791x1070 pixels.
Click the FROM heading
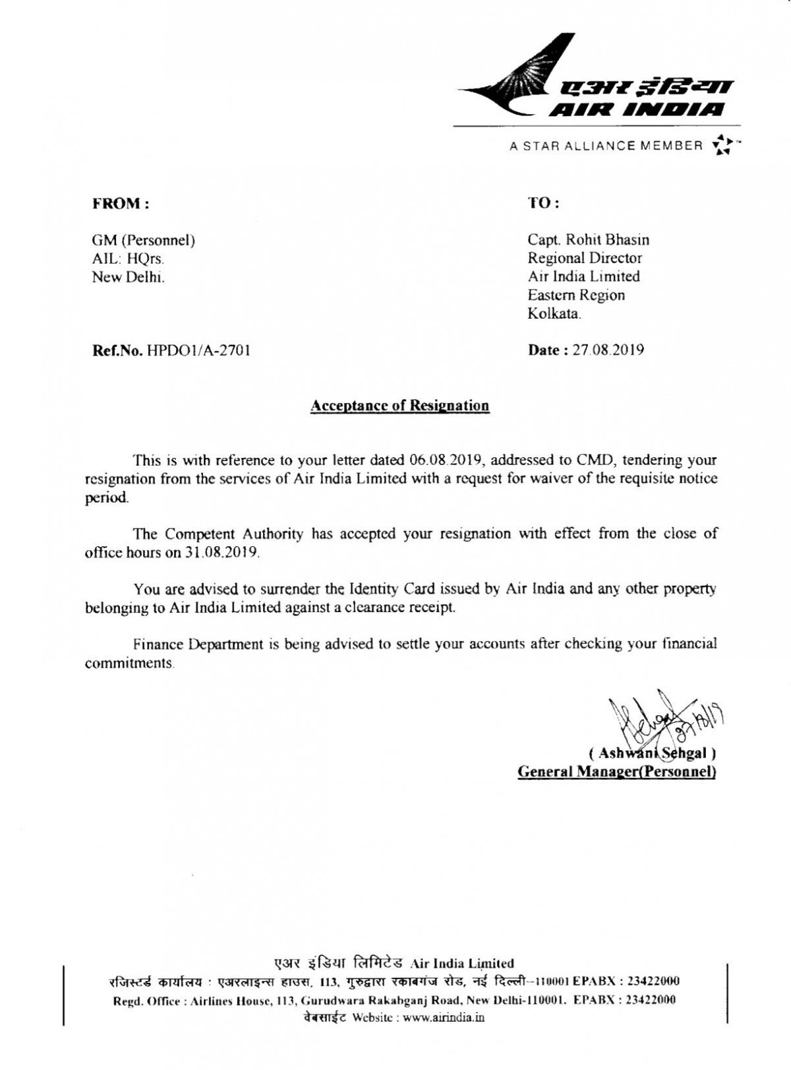(x=121, y=203)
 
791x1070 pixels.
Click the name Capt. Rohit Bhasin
(x=588, y=239)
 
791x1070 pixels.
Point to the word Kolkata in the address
(x=554, y=313)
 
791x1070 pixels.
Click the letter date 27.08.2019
(x=608, y=350)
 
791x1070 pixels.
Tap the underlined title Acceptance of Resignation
(x=399, y=405)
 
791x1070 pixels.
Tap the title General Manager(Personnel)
(x=617, y=771)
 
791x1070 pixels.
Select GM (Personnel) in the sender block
(x=143, y=240)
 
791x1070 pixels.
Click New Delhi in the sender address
(x=128, y=277)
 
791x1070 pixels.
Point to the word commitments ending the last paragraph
(x=129, y=662)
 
